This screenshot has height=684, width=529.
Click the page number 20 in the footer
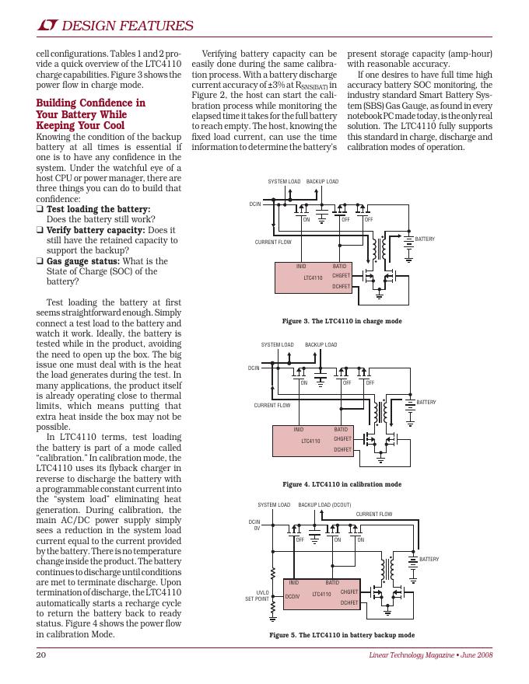41,655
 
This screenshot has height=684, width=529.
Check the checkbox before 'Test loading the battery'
40,210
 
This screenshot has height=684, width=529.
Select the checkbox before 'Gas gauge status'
40,262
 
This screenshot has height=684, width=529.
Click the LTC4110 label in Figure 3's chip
313,277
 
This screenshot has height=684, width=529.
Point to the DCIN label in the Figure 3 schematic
255,204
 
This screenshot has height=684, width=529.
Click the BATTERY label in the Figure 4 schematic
426,402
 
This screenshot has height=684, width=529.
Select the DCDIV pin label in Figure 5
292,596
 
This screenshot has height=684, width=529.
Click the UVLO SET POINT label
257,596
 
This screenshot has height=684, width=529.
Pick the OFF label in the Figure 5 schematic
300,540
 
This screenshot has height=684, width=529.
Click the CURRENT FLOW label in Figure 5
373,515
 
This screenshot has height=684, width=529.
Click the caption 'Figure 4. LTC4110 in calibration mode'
342,484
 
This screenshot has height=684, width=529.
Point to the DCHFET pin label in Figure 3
341,286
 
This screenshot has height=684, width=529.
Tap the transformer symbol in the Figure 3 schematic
380,249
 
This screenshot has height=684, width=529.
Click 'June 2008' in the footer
477,656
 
